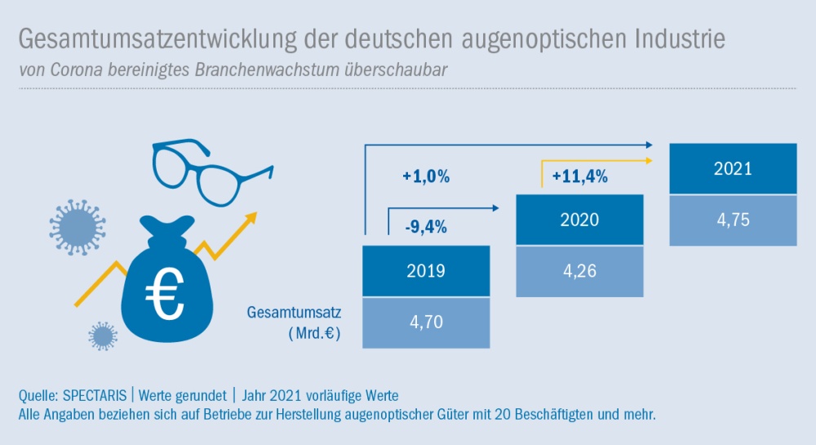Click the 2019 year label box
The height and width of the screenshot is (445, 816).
pos(426,271)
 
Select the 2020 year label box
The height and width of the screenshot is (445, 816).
pos(579,220)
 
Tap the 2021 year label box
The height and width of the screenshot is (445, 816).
pos(732,169)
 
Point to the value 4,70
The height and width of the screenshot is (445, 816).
pos(426,322)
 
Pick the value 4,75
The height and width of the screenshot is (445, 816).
pos(732,220)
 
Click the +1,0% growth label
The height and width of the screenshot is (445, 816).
pos(426,176)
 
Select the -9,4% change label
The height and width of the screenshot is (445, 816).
pos(426,228)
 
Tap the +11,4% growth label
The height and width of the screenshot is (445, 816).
pos(579,176)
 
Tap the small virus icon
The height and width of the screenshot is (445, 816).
pos(103,335)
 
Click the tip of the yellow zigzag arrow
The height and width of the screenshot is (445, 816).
pos(254,215)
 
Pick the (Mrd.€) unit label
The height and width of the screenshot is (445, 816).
pos(313,333)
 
